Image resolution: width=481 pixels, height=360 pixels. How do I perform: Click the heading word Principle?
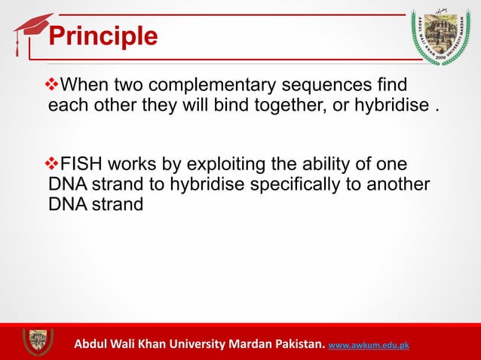click(103, 36)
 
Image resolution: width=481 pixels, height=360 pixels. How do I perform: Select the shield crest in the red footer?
click(37, 343)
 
